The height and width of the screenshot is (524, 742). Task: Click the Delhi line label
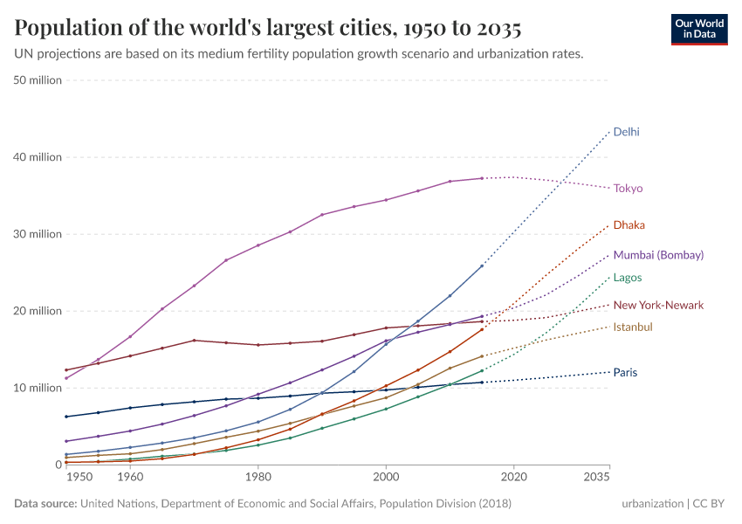pyautogui.click(x=626, y=132)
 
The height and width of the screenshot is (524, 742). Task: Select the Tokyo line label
pyautogui.click(x=628, y=189)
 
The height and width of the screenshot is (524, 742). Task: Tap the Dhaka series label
pyautogui.click(x=629, y=225)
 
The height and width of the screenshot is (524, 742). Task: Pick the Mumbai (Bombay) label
pyautogui.click(x=658, y=255)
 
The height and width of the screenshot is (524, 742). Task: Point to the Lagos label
pyautogui.click(x=628, y=278)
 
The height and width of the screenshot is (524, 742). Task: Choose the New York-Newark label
pyautogui.click(x=658, y=306)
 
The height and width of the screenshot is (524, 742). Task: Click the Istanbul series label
pyautogui.click(x=634, y=327)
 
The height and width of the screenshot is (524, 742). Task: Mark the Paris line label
pyautogui.click(x=625, y=373)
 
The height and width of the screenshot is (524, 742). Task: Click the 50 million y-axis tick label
pyautogui.click(x=38, y=80)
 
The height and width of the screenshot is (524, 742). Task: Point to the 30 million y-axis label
pyautogui.click(x=38, y=234)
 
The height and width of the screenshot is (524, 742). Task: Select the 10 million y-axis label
pyautogui.click(x=38, y=388)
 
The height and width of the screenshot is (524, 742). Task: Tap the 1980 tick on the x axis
pyautogui.click(x=257, y=479)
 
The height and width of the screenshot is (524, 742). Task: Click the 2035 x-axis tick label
pyautogui.click(x=597, y=479)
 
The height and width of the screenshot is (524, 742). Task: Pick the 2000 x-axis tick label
pyautogui.click(x=386, y=479)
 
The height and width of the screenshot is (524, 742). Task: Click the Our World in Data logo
pyautogui.click(x=698, y=29)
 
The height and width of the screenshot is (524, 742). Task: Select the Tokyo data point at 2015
pyautogui.click(x=482, y=178)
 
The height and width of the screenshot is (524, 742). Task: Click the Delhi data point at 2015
pyautogui.click(x=482, y=265)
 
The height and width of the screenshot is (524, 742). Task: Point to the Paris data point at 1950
pyautogui.click(x=66, y=417)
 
